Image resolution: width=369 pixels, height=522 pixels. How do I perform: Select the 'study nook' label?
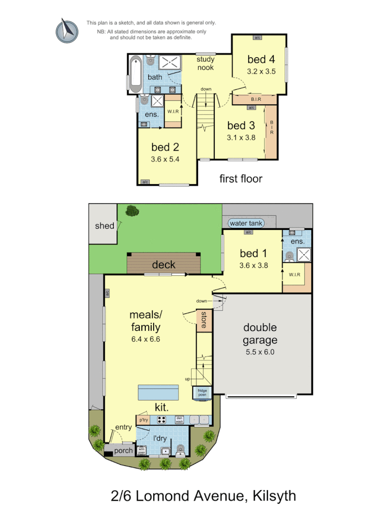tap(205, 64)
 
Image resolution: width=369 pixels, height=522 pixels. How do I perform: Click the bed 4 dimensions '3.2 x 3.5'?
tap(261, 71)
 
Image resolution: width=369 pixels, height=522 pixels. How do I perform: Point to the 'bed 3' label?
tap(241, 126)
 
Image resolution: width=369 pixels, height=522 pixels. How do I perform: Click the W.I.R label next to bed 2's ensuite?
tap(172, 111)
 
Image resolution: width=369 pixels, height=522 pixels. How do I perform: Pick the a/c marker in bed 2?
tap(145, 182)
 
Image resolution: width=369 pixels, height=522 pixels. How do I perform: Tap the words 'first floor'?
tap(240, 179)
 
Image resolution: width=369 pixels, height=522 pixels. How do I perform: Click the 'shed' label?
tap(104, 226)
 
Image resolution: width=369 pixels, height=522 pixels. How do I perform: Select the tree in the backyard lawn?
tap(132, 211)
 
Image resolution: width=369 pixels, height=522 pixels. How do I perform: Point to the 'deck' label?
tap(164, 264)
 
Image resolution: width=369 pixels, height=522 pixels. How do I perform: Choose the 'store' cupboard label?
tap(202, 320)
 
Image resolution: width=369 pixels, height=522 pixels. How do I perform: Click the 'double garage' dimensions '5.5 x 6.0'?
tap(260, 352)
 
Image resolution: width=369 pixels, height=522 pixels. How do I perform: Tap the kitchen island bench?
tap(158, 393)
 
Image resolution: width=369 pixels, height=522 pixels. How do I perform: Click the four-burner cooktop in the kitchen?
tap(162, 420)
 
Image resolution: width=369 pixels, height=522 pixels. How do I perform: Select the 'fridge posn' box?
tap(202, 392)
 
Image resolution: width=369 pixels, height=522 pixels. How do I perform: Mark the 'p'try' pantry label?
tap(144, 420)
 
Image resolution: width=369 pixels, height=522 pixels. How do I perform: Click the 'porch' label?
tap(123, 451)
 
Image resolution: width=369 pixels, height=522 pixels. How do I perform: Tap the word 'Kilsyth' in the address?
tap(273, 495)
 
